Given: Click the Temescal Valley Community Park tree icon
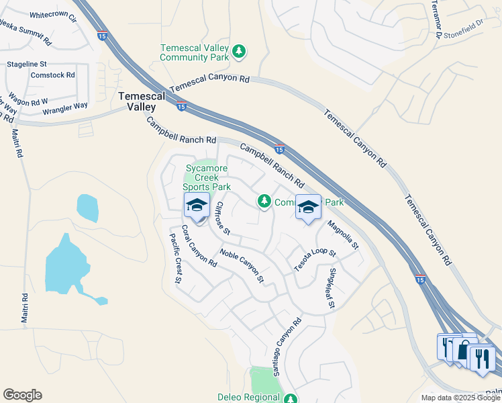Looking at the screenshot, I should coord(238,51).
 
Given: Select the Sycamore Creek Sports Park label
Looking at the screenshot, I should coord(208,177).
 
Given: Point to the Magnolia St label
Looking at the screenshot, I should coord(343,234).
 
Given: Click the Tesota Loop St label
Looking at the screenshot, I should coord(315,259).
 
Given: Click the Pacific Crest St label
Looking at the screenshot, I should coord(176,259).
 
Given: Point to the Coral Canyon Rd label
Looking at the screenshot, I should coord(199,246).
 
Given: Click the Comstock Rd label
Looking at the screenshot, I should coord(52,75).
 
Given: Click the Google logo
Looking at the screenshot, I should coord(22,395).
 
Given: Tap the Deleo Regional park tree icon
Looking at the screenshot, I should coord(290,398).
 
